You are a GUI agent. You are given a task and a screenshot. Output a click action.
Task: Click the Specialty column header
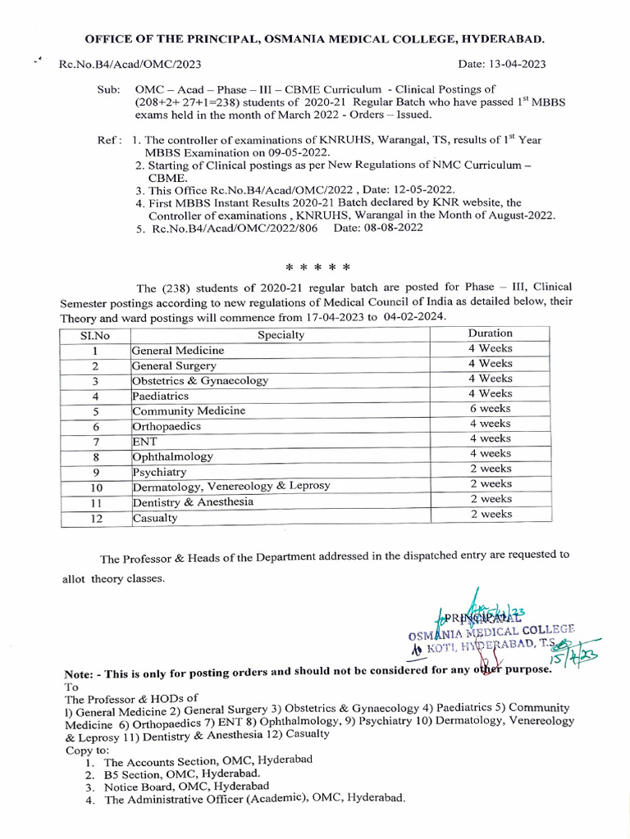pos(281,334)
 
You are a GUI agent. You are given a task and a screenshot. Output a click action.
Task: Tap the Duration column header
pos(490,333)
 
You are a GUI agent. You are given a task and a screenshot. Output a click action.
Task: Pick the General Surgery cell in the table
pos(174,365)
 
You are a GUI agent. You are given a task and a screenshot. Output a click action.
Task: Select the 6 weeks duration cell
pos(490,409)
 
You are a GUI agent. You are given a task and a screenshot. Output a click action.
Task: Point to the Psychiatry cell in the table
pos(159,472)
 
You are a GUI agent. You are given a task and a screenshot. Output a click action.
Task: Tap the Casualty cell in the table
pos(155,518)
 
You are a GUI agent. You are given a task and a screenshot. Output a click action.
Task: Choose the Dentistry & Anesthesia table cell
pos(193,501)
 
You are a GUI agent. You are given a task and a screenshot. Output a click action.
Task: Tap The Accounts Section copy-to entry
pos(208,761)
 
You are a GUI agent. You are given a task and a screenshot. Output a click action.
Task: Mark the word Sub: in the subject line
pos(108,88)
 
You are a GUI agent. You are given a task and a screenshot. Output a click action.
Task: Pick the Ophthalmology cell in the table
pos(172,456)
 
